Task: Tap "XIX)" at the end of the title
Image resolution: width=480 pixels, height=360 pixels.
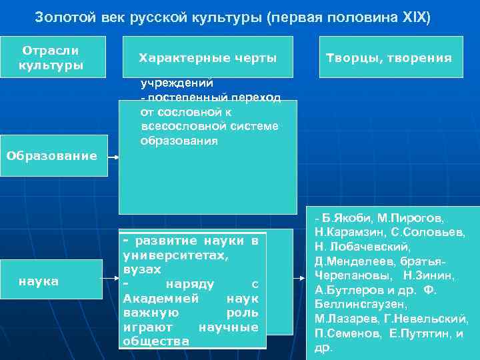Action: click(415, 16)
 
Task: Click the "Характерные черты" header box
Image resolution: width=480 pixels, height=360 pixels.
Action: click(207, 58)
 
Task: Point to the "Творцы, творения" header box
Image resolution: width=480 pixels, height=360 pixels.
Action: click(389, 58)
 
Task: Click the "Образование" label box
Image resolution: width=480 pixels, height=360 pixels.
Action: click(52, 156)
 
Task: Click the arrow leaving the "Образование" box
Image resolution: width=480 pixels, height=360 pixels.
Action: click(113, 158)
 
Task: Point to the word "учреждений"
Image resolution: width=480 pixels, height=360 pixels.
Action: click(176, 84)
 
